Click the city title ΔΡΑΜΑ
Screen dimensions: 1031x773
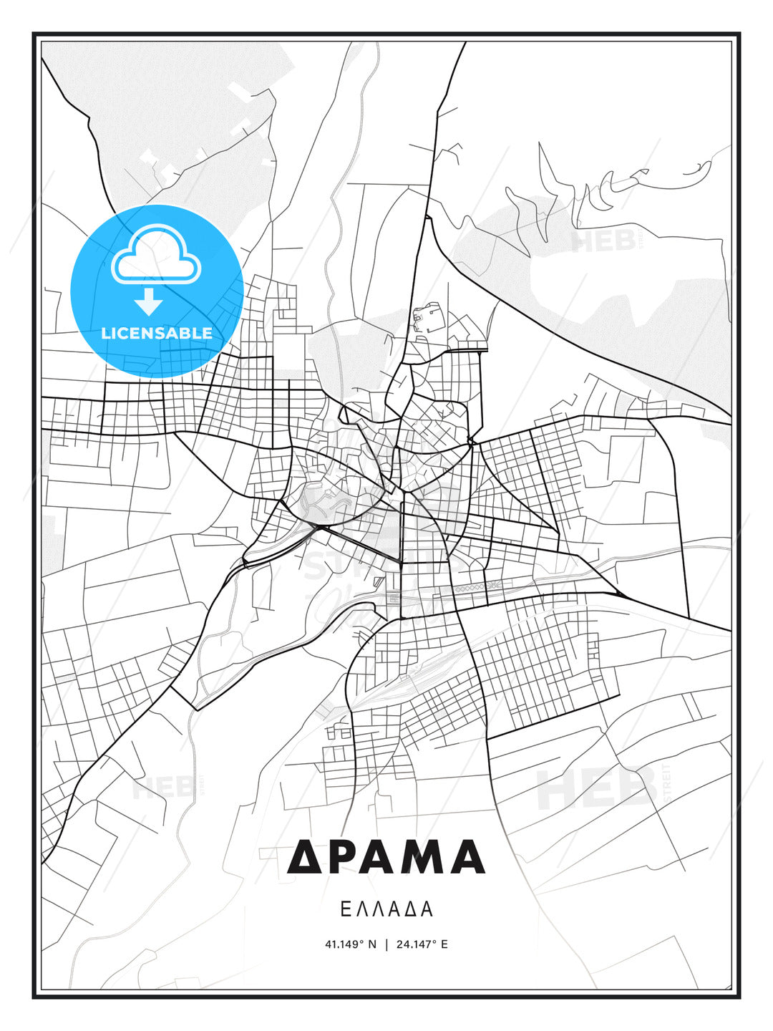click(x=386, y=857)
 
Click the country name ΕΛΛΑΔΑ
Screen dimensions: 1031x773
click(x=386, y=909)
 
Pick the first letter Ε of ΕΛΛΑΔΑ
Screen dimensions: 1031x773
click(x=345, y=909)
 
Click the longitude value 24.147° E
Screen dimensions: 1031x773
click(x=422, y=944)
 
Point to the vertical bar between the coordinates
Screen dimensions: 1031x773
click(x=386, y=944)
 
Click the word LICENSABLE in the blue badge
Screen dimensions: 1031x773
click(x=157, y=333)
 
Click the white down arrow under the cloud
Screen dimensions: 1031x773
click(x=149, y=301)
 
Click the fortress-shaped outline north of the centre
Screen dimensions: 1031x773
click(x=427, y=317)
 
